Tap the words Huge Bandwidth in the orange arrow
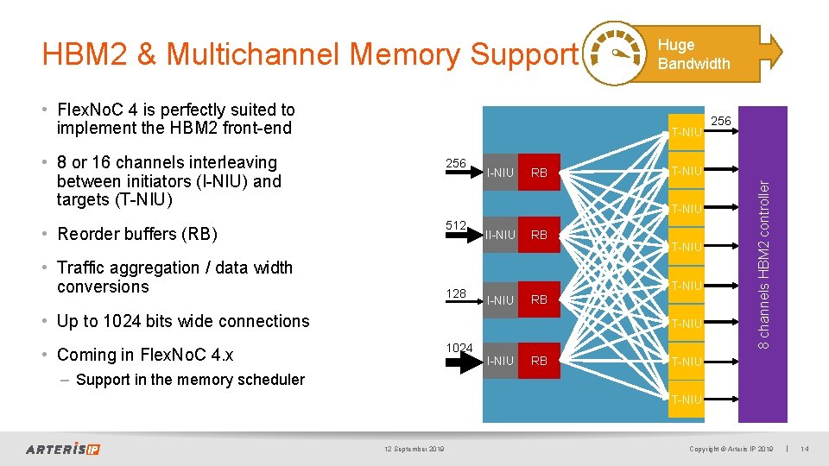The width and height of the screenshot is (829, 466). pyautogui.click(x=693, y=54)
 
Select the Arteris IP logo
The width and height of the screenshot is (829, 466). pyautogui.click(x=63, y=449)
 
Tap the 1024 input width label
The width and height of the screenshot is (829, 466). pyautogui.click(x=459, y=348)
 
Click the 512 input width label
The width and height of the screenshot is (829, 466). pyautogui.click(x=456, y=225)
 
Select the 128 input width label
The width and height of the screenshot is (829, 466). pyautogui.click(x=456, y=294)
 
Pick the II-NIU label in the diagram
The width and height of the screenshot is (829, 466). pyautogui.click(x=500, y=235)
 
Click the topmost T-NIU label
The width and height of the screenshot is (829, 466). pyautogui.click(x=687, y=132)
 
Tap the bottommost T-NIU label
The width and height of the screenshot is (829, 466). pyautogui.click(x=687, y=399)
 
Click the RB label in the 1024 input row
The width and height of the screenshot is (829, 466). pyautogui.click(x=539, y=361)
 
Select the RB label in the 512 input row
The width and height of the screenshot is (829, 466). pyautogui.click(x=539, y=235)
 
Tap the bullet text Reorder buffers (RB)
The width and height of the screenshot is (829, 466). pyautogui.click(x=136, y=234)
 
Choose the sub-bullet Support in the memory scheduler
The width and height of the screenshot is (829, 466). pyautogui.click(x=190, y=380)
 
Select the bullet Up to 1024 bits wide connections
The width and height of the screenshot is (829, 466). pyautogui.click(x=182, y=321)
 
